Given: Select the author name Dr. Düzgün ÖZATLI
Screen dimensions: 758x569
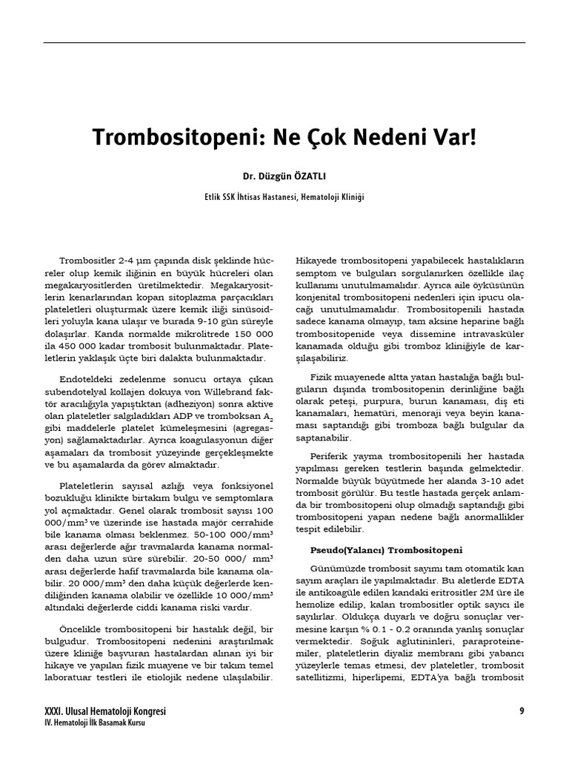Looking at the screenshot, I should click(x=284, y=178).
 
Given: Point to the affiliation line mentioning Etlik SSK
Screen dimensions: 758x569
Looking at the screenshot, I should click(x=284, y=198).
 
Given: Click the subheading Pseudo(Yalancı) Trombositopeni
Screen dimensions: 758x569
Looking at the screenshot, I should click(x=385, y=550).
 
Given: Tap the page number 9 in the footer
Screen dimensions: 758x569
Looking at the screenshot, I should click(x=522, y=711).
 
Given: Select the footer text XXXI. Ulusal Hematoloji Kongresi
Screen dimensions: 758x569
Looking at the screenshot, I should click(x=105, y=711).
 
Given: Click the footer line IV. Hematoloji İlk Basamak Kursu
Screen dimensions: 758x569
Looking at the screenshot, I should click(x=94, y=723).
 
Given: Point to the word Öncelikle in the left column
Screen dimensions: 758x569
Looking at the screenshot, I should click(x=86, y=628).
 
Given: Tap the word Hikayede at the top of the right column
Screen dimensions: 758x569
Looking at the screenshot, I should click(x=318, y=261).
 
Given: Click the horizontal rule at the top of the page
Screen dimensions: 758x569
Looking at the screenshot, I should click(x=284, y=42).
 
